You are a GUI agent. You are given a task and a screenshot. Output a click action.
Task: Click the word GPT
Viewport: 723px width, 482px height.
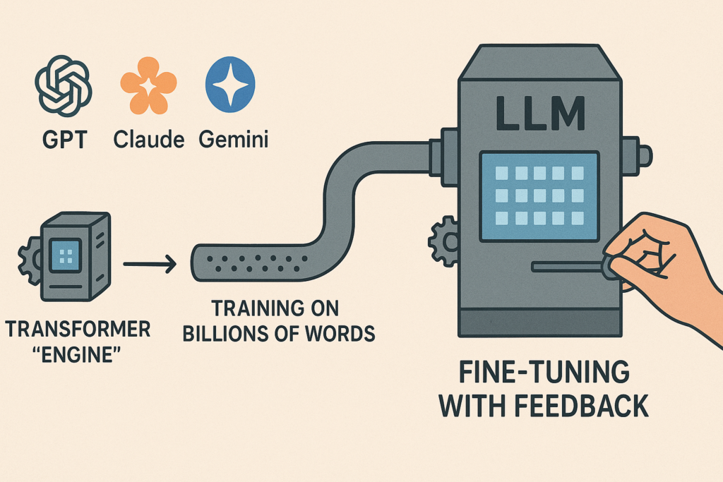(64, 138)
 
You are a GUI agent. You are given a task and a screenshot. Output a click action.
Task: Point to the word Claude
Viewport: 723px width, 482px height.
(148, 138)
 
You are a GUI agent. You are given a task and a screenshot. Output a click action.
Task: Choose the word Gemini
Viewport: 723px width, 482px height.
(234, 138)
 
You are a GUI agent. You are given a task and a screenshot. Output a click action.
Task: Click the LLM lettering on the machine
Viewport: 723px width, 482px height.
(539, 114)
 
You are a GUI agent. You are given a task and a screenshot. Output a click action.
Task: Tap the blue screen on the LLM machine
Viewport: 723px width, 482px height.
(539, 195)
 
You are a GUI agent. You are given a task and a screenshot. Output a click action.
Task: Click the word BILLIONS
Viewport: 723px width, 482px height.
(227, 332)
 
